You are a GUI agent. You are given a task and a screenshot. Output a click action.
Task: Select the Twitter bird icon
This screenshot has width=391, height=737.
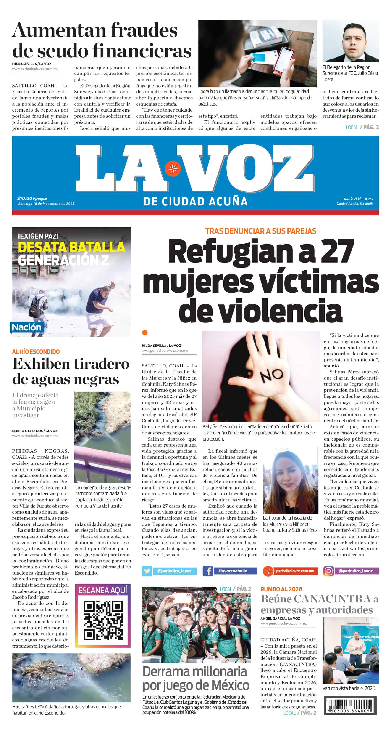click(147, 571)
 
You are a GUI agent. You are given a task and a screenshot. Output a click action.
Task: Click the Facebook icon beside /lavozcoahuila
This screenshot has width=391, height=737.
click(208, 571)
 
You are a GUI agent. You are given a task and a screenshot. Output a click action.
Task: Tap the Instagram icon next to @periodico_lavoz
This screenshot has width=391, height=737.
click(328, 571)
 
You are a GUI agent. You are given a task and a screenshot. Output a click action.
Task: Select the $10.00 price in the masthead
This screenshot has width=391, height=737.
click(25, 198)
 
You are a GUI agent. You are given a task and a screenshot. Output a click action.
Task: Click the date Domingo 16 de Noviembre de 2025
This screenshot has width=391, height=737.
click(46, 203)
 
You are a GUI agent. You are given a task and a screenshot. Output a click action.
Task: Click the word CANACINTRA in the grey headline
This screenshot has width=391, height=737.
click(332, 599)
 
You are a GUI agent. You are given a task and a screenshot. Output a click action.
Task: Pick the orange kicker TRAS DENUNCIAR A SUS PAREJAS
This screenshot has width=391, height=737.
click(260, 231)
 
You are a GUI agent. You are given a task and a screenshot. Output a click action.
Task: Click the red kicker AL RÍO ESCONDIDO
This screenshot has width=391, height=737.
click(36, 352)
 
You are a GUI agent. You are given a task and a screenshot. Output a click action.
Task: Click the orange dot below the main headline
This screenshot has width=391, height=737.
click(145, 333)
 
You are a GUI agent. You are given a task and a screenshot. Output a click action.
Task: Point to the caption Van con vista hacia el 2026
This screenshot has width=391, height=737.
click(349, 688)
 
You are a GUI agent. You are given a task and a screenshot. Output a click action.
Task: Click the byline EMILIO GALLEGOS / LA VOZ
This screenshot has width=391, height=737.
click(35, 431)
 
